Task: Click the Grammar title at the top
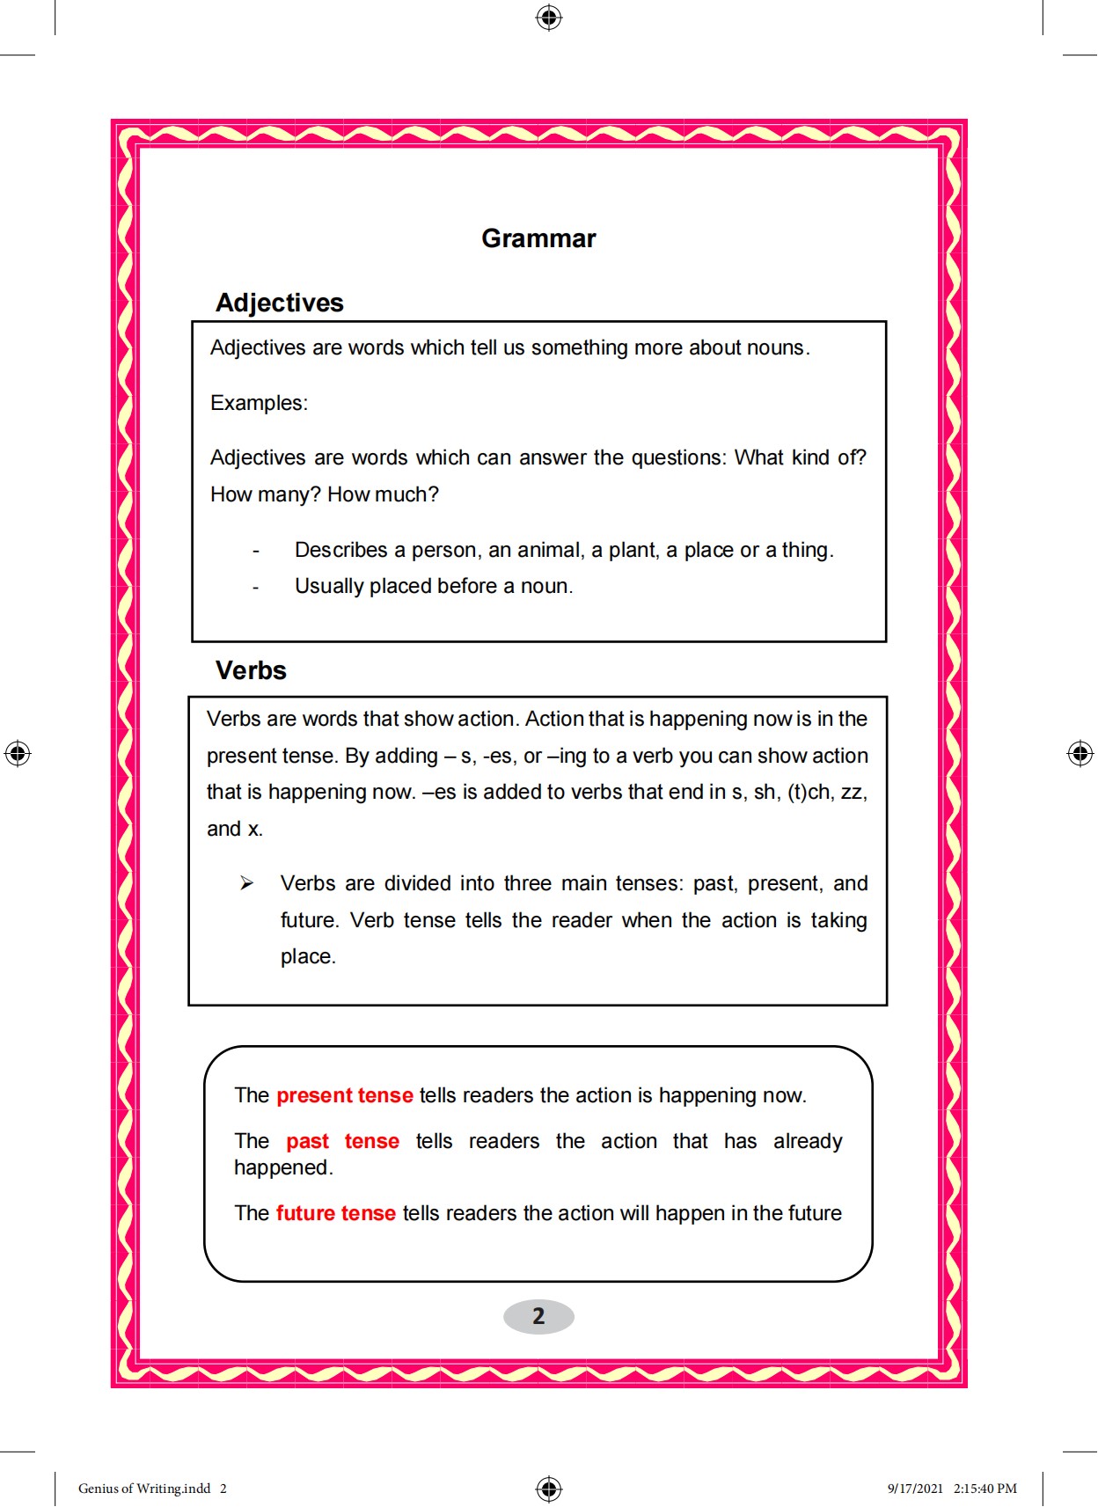point(538,238)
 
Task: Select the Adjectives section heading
point(279,303)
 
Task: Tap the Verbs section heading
point(251,670)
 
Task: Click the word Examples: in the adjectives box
point(259,403)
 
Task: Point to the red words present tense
point(344,1095)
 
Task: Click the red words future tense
point(335,1213)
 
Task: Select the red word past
point(307,1141)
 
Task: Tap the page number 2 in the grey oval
point(538,1316)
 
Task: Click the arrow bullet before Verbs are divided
point(246,883)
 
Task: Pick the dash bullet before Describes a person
point(256,552)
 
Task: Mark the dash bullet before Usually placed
point(256,588)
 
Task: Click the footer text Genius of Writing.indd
point(144,1489)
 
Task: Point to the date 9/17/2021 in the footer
point(914,1489)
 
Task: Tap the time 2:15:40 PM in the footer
point(985,1489)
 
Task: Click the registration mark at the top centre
point(549,18)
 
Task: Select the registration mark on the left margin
point(18,753)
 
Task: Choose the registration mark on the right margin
point(1080,753)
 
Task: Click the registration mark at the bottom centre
point(549,1489)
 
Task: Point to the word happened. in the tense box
point(283,1167)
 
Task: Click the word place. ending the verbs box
point(308,956)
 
